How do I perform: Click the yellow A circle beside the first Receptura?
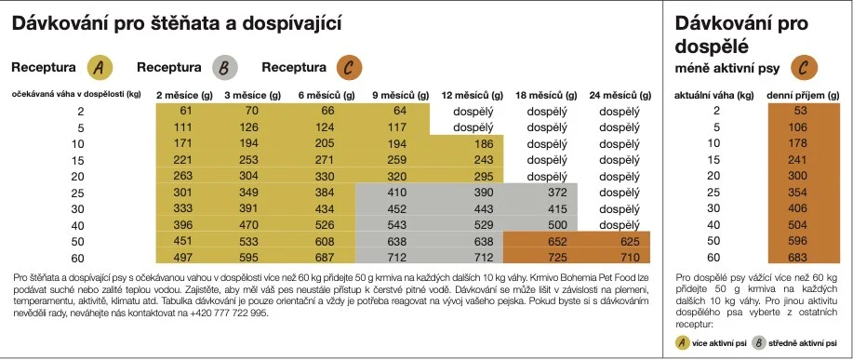click(100, 68)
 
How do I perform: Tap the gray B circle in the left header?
click(225, 68)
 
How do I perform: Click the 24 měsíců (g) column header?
click(614, 96)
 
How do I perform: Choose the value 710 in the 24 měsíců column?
click(615, 257)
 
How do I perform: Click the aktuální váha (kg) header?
click(714, 96)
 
